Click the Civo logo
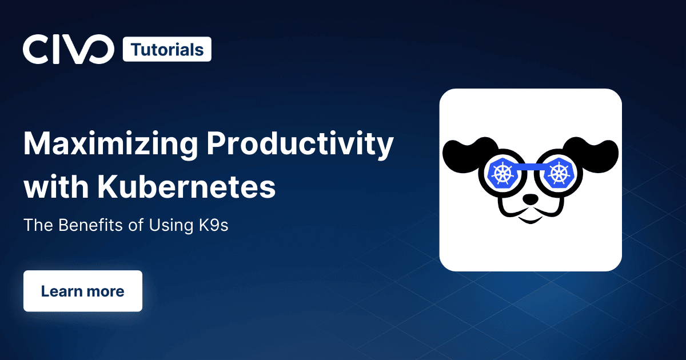pos(68,49)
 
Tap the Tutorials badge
pos(167,49)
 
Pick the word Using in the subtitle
pos(171,226)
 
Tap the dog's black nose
pos(530,199)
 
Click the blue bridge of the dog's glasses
pos(531,167)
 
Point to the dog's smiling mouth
pos(530,219)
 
